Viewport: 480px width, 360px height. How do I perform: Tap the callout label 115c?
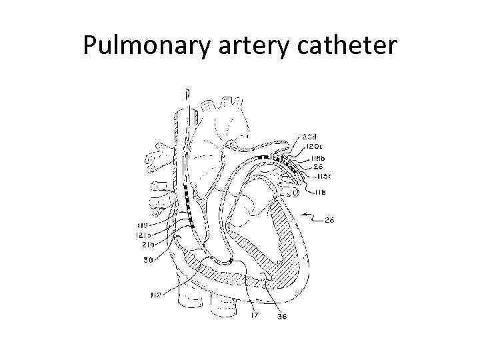click(x=323, y=176)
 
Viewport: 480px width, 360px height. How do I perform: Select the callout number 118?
click(x=321, y=193)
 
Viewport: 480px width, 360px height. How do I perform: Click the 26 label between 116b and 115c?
click(x=318, y=167)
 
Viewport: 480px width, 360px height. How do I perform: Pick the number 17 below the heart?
click(x=254, y=315)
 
